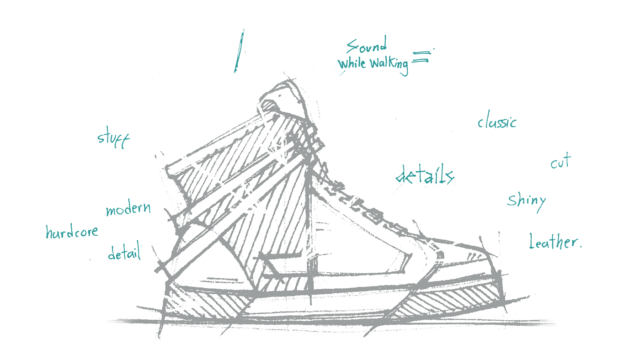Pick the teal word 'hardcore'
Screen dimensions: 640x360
click(x=72, y=233)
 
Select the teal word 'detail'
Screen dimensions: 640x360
click(x=124, y=255)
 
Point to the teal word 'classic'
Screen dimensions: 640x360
click(x=497, y=122)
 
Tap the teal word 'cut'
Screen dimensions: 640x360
click(x=561, y=163)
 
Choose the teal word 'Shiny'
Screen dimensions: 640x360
click(x=526, y=201)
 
